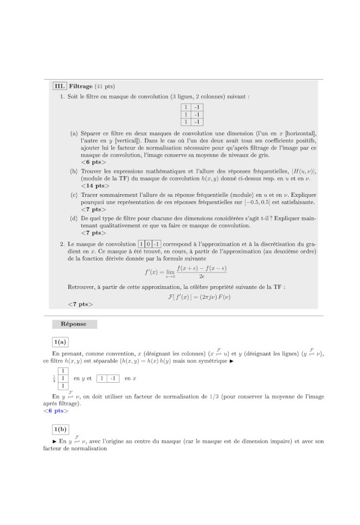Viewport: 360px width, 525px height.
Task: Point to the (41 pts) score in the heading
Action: [105, 86]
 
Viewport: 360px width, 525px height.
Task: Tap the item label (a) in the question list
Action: [74, 133]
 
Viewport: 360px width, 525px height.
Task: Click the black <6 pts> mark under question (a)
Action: [93, 162]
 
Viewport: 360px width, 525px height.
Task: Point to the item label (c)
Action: [74, 194]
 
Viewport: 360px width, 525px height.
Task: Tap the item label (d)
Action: [74, 218]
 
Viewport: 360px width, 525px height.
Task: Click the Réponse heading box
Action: [74, 324]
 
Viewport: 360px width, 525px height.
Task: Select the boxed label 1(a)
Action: [60, 342]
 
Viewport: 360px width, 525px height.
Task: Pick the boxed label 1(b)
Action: [60, 429]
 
